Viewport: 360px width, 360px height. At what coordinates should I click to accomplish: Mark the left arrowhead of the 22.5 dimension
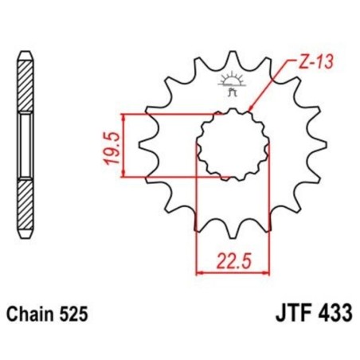point(200,272)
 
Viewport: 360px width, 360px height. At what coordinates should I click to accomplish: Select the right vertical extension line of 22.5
point(268,215)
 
